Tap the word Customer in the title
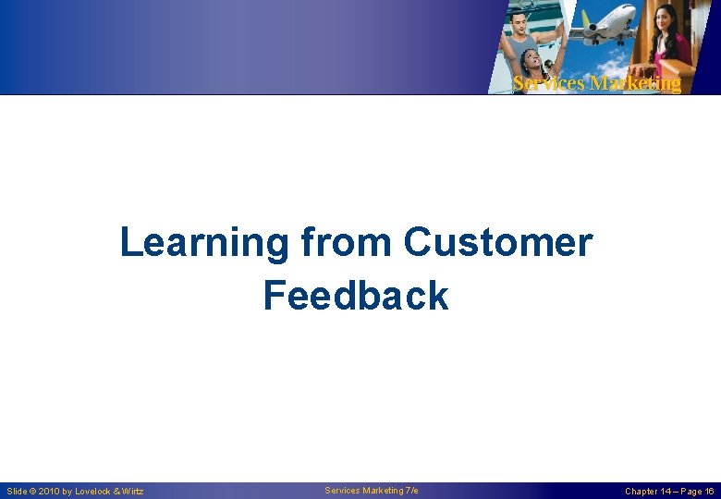[x=497, y=242]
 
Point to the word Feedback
[x=356, y=296]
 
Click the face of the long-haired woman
[x=667, y=18]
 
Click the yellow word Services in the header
[x=548, y=83]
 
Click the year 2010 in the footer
[x=48, y=492]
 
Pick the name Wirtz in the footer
[x=131, y=492]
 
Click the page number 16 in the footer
[x=708, y=492]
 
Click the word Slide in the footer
[x=16, y=492]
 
